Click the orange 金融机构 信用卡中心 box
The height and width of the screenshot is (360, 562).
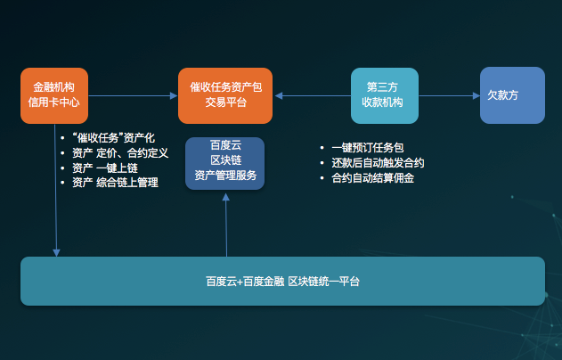click(x=54, y=95)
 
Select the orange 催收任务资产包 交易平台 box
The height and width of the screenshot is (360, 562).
click(x=225, y=95)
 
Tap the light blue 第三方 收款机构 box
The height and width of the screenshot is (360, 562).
click(x=385, y=95)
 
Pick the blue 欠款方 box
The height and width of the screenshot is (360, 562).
click(x=512, y=95)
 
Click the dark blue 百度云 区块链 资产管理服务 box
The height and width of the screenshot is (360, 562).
click(x=224, y=163)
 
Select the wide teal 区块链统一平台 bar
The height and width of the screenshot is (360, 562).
click(x=283, y=281)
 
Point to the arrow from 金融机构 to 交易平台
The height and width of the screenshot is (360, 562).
click(x=133, y=95)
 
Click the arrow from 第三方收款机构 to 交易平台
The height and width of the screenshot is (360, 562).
click(x=313, y=95)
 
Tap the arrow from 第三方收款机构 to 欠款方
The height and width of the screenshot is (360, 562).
click(x=450, y=95)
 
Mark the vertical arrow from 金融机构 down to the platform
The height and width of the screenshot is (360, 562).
click(x=55, y=191)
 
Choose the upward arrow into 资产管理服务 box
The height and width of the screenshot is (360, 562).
click(x=226, y=225)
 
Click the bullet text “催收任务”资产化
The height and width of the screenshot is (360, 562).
click(x=113, y=138)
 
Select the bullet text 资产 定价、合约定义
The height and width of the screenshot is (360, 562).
click(x=120, y=153)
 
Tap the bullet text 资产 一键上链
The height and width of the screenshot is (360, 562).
click(x=105, y=168)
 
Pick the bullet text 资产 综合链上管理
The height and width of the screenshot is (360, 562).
click(x=115, y=183)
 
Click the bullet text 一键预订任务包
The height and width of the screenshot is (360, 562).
click(x=368, y=148)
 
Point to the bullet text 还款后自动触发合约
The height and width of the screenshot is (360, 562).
click(x=378, y=163)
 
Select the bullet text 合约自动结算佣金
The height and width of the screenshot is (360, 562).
click(x=373, y=178)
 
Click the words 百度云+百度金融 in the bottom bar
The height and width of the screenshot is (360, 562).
click(x=245, y=282)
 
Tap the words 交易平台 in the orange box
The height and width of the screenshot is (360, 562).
click(x=226, y=102)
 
